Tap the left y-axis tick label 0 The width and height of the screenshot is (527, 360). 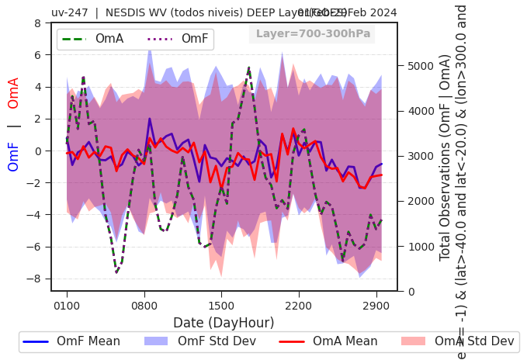click(38, 151)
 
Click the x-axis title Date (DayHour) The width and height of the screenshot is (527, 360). click(224, 323)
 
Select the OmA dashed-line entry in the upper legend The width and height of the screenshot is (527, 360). click(93, 39)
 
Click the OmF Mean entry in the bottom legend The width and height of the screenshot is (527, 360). click(71, 341)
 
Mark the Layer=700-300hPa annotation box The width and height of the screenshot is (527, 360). click(312, 34)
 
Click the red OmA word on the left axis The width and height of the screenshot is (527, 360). click(14, 93)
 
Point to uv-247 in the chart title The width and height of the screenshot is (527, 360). click(71, 12)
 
